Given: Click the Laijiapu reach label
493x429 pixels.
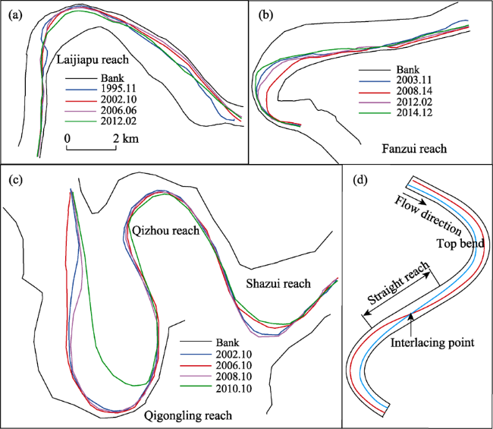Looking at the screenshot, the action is coord(93,59).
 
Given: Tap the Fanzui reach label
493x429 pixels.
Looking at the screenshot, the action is coord(414,148).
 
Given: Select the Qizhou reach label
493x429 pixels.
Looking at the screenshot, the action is coord(165,231).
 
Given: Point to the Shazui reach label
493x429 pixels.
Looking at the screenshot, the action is coord(278,283).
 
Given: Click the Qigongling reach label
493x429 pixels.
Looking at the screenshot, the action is coord(188,415).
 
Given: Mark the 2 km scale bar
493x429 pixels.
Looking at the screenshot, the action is coord(91,147).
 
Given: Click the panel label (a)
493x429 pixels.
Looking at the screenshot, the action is coord(16,15).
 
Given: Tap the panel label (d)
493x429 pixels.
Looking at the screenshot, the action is coord(360,180).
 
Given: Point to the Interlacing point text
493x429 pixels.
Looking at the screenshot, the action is coord(432,342).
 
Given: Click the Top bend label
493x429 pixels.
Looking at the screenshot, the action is coord(460,244).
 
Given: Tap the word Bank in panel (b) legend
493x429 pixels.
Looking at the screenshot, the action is coord(408,70).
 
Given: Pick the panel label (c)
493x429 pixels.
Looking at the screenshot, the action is coord(16,180).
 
